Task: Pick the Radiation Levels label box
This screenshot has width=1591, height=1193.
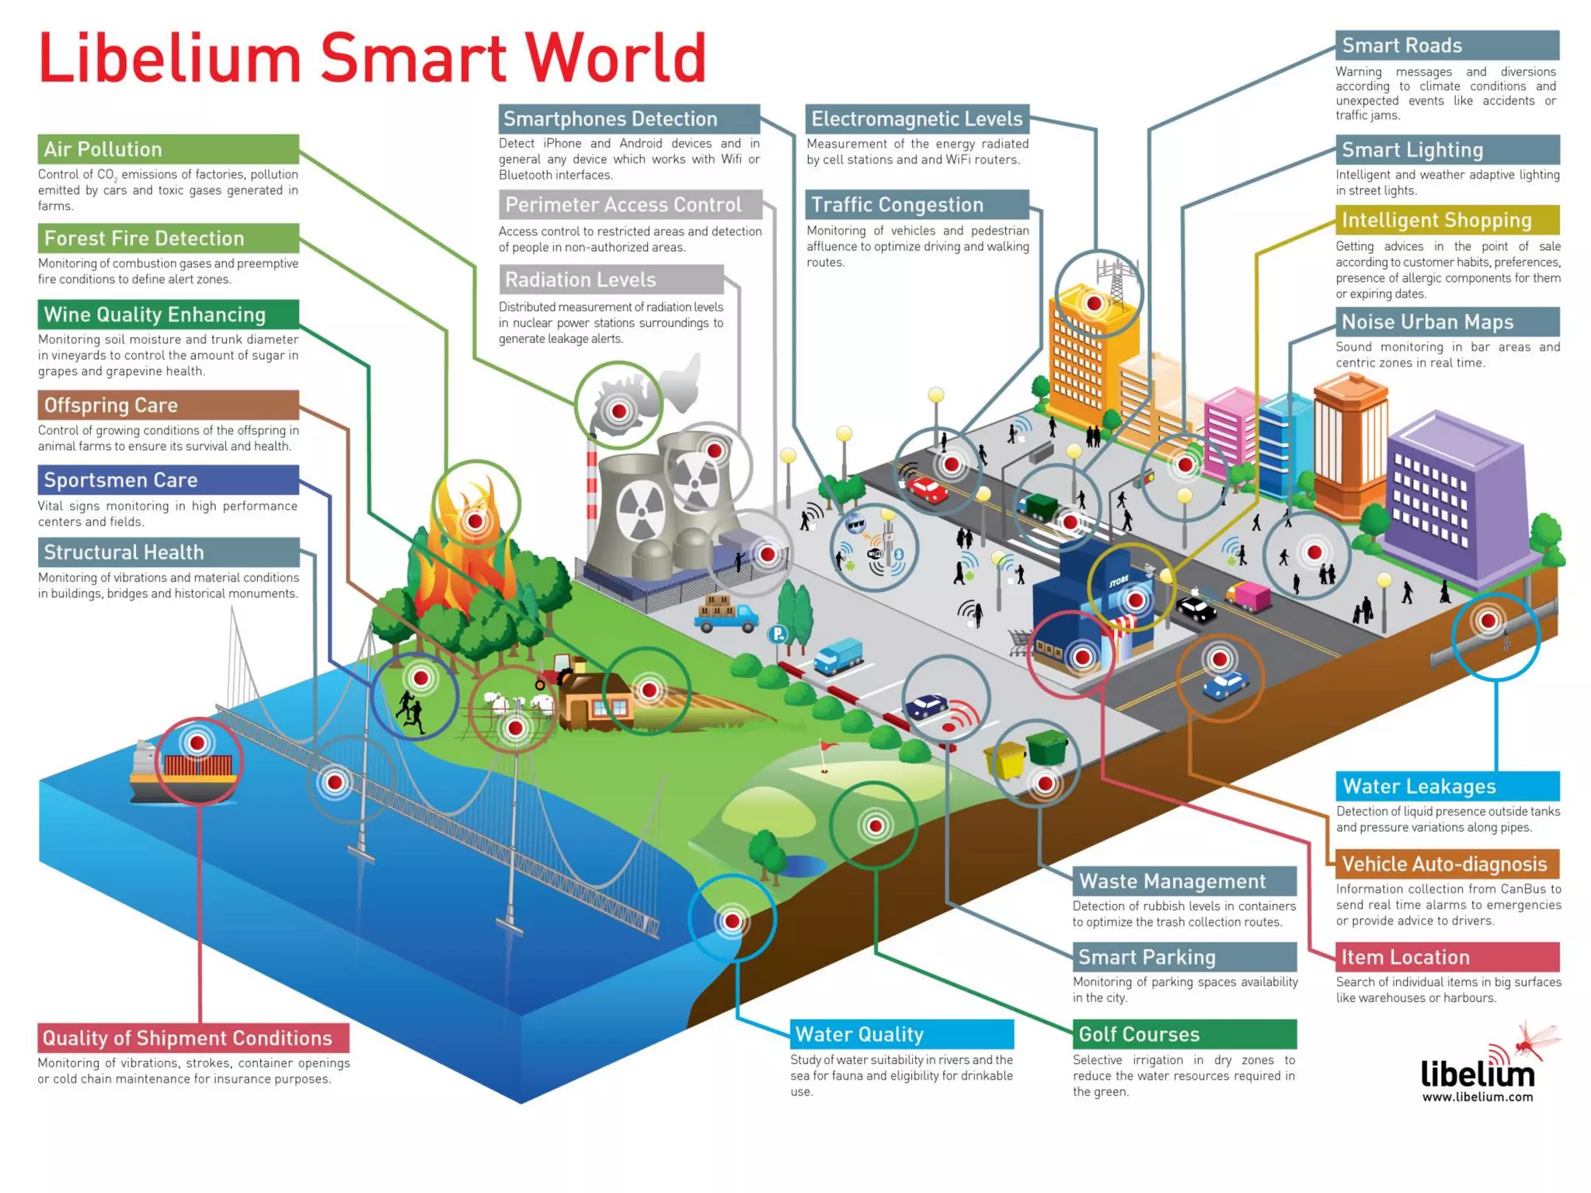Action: point(611,280)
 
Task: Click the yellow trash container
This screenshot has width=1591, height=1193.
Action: point(1007,760)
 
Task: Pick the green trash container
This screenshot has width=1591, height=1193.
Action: point(1047,747)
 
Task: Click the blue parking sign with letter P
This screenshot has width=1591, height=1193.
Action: point(777,635)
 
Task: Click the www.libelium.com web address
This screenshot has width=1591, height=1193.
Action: point(1478,1097)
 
